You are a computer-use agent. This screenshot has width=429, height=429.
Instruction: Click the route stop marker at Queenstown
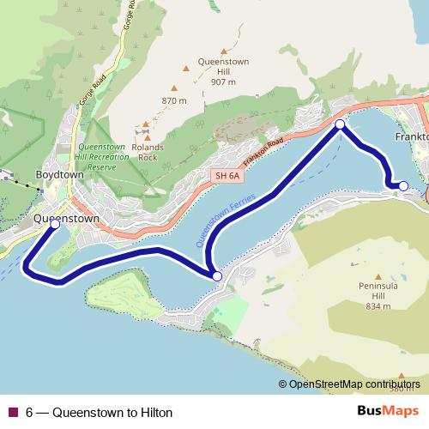55,224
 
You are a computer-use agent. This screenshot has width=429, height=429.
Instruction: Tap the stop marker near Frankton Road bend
340,125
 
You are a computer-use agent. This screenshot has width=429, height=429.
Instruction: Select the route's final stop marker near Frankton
403,184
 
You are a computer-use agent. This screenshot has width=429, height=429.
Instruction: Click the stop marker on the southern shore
217,276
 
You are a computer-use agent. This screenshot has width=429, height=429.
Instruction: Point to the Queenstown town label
66,219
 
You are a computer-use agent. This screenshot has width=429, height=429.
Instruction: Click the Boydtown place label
59,174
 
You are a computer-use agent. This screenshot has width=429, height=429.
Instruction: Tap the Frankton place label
411,136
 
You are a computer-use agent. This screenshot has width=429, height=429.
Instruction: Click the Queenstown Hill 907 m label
222,72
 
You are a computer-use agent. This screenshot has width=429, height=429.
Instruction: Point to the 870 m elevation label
173,101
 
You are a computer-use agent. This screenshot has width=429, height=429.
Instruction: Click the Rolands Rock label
148,151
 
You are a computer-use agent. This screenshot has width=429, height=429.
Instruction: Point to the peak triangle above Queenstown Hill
227,51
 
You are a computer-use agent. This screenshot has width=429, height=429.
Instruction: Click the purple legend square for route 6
13,412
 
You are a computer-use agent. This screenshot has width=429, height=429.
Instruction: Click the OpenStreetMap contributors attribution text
354,384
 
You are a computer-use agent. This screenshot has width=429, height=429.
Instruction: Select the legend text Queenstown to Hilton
112,412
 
